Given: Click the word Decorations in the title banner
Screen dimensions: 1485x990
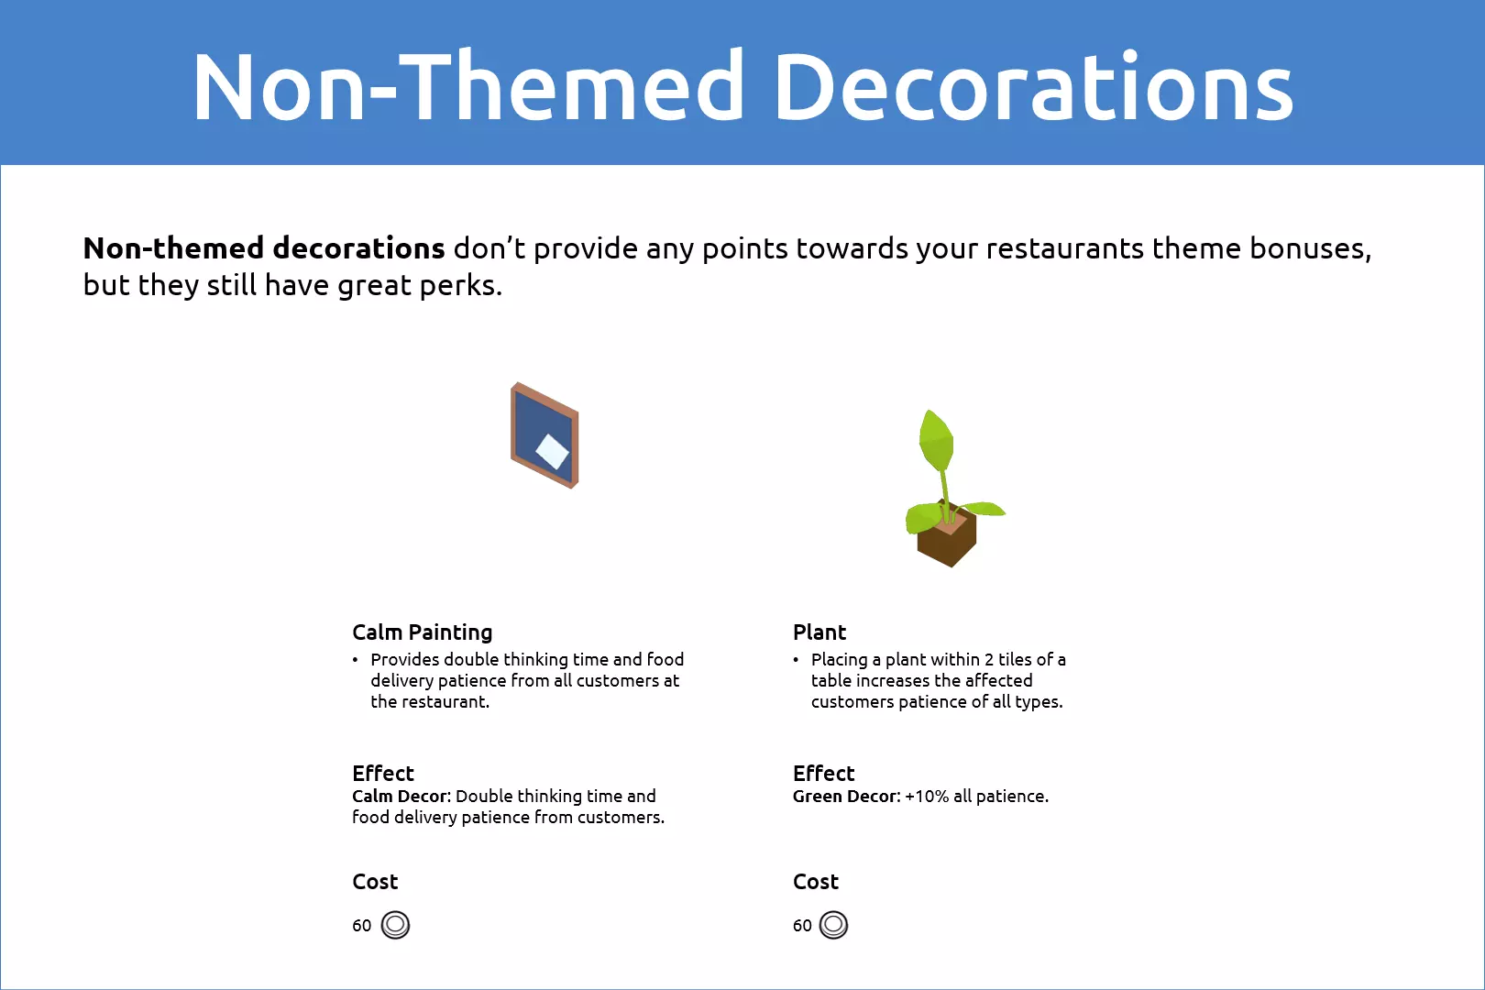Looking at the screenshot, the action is [x=1033, y=86].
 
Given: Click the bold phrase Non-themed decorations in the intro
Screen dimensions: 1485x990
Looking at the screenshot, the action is [x=264, y=248].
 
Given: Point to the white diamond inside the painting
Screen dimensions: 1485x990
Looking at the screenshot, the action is [x=552, y=452].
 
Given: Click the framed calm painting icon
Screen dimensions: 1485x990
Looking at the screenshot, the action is [x=544, y=435].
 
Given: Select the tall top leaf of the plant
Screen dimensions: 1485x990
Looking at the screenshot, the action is [x=935, y=440].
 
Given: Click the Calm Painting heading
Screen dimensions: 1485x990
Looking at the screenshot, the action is [x=423, y=632].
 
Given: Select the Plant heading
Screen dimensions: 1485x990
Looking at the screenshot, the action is [x=819, y=632].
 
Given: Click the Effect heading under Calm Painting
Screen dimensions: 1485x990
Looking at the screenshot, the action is [x=382, y=773].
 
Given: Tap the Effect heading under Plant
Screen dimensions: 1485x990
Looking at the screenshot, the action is [x=823, y=773].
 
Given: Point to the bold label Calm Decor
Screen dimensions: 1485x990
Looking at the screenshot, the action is [x=401, y=796].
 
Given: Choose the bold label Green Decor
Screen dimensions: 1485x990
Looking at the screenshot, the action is [x=844, y=796].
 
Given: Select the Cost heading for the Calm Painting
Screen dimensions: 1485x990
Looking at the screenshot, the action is [x=375, y=881].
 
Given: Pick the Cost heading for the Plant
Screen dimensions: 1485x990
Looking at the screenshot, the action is [x=816, y=881].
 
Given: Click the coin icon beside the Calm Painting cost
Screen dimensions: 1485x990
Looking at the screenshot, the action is [x=395, y=924].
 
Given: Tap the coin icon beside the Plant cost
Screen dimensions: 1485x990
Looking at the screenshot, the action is [x=833, y=924].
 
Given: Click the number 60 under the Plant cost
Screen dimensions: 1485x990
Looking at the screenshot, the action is [x=802, y=925].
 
